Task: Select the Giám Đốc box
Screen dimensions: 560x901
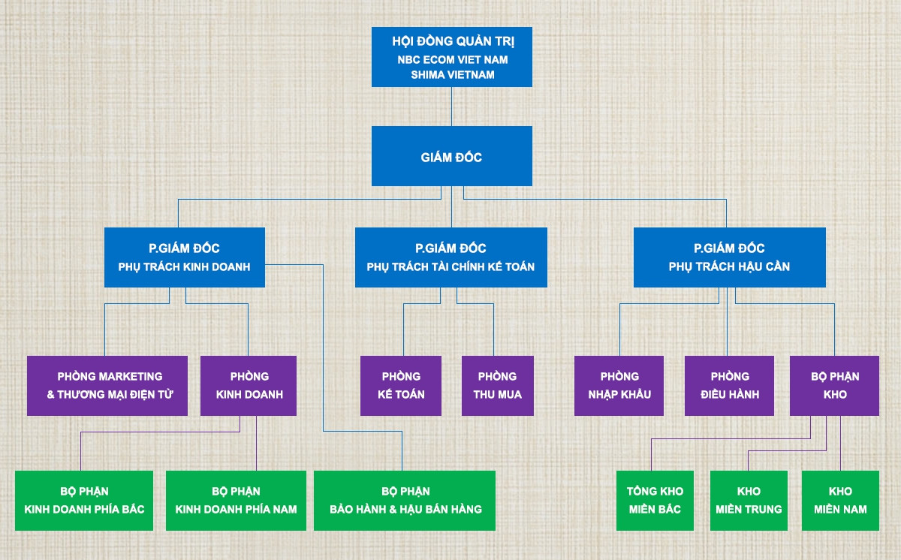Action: click(452, 156)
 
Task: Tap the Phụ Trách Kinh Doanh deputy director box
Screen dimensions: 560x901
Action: click(184, 257)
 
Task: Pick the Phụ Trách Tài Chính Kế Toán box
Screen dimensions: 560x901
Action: click(450, 257)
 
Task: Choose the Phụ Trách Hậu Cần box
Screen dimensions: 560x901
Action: click(729, 257)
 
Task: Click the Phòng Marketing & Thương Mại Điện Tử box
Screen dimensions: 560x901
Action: click(107, 385)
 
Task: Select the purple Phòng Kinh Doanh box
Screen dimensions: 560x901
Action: click(249, 385)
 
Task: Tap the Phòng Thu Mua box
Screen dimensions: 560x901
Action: click(497, 385)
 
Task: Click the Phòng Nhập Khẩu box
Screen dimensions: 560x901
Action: click(619, 385)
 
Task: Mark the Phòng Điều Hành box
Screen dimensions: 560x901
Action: click(729, 385)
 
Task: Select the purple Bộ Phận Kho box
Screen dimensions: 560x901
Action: click(834, 385)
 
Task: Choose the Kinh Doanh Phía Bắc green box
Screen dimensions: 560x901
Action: click(84, 501)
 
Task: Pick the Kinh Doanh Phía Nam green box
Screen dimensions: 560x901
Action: click(236, 501)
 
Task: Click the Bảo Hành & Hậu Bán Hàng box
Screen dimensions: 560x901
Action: click(405, 501)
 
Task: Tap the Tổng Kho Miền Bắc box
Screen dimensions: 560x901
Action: click(655, 501)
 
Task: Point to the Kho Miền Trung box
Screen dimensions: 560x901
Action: click(749, 501)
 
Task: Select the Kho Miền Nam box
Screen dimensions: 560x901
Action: click(840, 501)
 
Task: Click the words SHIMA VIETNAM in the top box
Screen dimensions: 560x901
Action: click(452, 74)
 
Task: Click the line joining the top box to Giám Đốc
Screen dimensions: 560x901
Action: click(452, 107)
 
